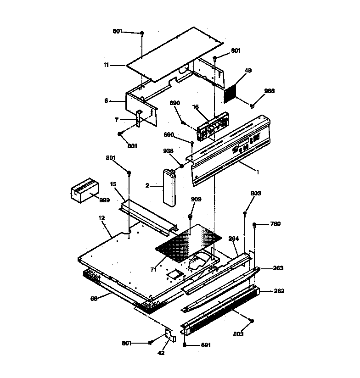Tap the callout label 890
coord(175,103)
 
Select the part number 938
coord(169,151)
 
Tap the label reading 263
coord(279,268)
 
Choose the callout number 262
coord(279,291)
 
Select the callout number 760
coord(275,224)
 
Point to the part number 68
coord(94,299)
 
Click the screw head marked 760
coord(254,225)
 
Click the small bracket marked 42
coord(170,337)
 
